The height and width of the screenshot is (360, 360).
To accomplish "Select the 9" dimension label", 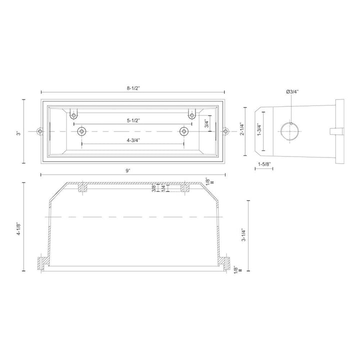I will pos(128,170).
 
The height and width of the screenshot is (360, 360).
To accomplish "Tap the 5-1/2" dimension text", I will pos(133,120).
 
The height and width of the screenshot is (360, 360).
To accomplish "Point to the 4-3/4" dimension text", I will pos(133,140).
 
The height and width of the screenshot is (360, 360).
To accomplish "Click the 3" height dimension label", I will pos(18,132).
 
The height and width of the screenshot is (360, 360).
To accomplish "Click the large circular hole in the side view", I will pos(290,132).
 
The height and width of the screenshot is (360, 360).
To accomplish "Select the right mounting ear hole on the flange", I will pos(225,132).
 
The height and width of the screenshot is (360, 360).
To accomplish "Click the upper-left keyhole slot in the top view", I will pos(73,114).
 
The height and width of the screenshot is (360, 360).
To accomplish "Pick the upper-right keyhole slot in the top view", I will pos(191,114).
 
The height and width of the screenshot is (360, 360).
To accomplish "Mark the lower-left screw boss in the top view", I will pos(81,131).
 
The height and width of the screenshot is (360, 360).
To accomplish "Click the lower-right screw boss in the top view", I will pos(184,131).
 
